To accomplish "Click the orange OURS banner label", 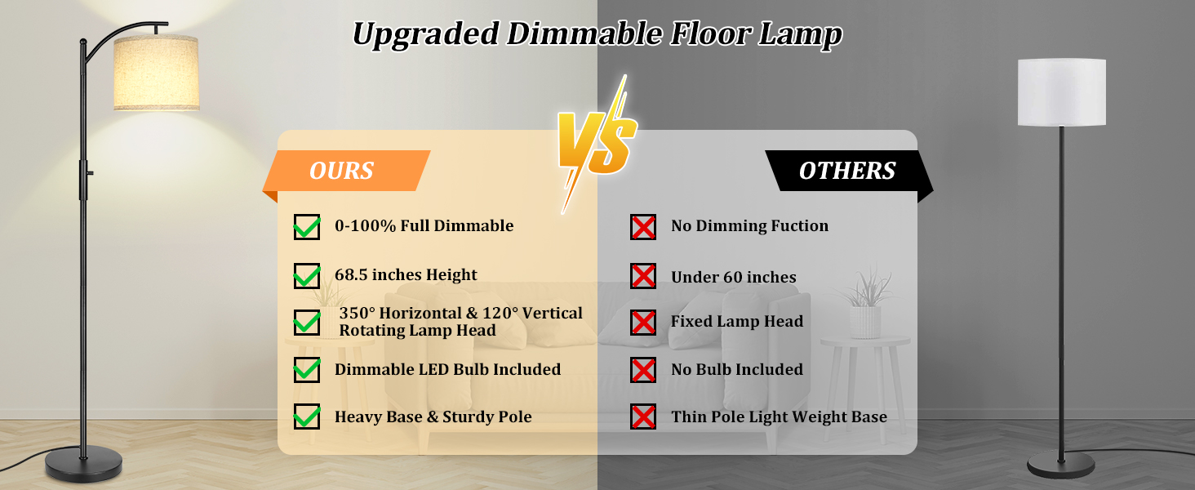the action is click(x=347, y=171).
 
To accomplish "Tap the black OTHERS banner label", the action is click(x=848, y=171).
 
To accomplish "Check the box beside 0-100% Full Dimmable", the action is click(x=307, y=227).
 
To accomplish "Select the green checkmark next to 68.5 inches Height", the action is click(x=307, y=275).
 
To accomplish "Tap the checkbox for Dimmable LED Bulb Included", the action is click(x=307, y=370).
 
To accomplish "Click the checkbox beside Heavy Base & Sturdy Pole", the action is click(x=307, y=416).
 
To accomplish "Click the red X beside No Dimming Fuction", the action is click(x=643, y=227).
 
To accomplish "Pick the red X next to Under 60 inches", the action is click(x=643, y=275).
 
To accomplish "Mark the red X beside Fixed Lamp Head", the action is click(x=643, y=323).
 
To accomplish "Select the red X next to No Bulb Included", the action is click(x=643, y=370).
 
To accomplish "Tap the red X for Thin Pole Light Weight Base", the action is click(x=643, y=416).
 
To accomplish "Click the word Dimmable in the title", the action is click(x=584, y=33).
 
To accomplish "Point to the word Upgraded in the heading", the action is click(x=426, y=34).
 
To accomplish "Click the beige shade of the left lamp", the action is click(x=156, y=73).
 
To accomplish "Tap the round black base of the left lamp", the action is click(x=84, y=464).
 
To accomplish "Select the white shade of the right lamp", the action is click(x=1062, y=92).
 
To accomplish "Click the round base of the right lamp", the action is click(x=1061, y=465).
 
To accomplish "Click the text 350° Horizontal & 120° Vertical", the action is click(x=461, y=313).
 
